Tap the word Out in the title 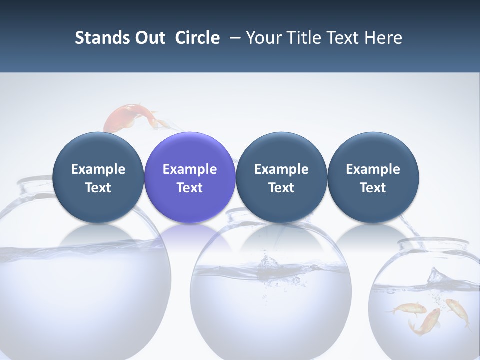[x=149, y=38]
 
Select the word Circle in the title [x=197, y=38]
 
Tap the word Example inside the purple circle [x=190, y=169]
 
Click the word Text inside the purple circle [x=190, y=188]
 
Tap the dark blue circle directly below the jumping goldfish [x=98, y=177]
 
